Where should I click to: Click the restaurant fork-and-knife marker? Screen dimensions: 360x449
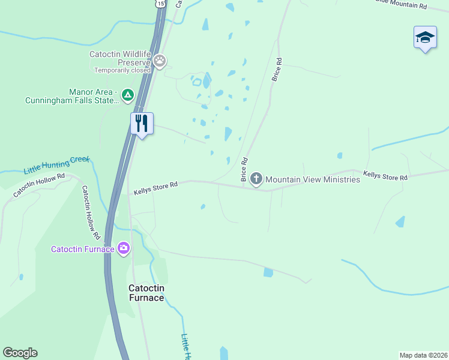(x=142, y=124)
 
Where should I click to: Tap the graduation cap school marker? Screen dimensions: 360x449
(x=425, y=37)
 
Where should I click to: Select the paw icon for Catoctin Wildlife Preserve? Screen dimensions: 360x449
(x=160, y=60)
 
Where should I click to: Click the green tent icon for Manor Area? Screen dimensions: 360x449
(x=127, y=95)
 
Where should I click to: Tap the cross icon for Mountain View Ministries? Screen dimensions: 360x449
(x=256, y=178)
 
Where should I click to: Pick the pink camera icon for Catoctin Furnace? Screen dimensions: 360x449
(x=124, y=248)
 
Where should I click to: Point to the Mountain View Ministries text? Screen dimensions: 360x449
(x=313, y=179)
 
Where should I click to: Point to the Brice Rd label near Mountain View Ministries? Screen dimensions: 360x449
(x=244, y=170)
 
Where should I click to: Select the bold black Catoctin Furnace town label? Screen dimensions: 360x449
(x=146, y=293)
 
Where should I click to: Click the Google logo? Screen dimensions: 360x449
(x=20, y=353)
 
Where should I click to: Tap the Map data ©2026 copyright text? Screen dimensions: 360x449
(x=423, y=355)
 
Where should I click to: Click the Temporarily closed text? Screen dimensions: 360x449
(x=122, y=70)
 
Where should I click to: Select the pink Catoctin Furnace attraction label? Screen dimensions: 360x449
(x=83, y=249)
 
